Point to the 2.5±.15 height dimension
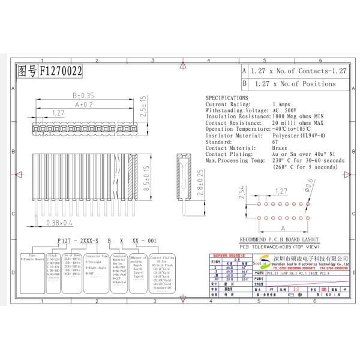(x=142, y=104)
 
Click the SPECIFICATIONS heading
(x=226, y=97)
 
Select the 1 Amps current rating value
(x=281, y=104)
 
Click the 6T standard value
(x=275, y=142)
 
